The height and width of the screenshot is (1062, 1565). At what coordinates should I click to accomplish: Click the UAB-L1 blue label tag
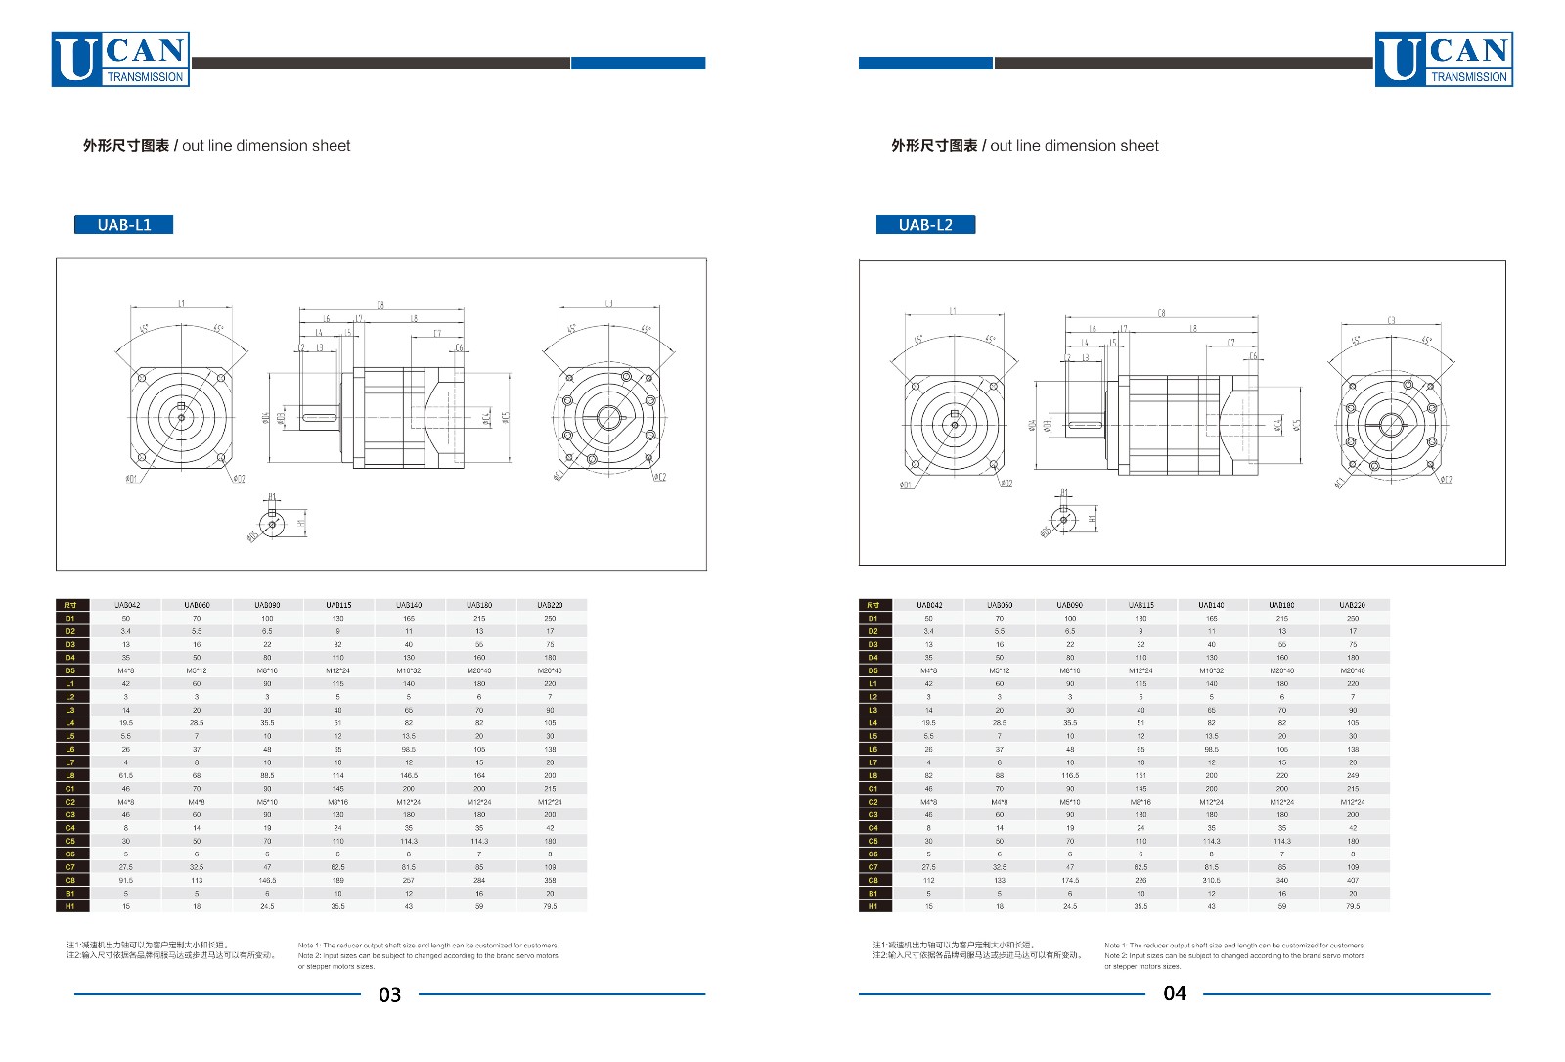[x=123, y=225]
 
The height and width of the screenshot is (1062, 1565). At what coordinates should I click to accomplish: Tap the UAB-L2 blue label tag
[x=925, y=225]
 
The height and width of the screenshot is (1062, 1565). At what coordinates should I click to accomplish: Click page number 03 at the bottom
[x=389, y=994]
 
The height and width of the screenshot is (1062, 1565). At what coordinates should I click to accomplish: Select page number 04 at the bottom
[x=1174, y=993]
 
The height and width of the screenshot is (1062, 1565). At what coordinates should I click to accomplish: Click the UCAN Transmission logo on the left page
[x=120, y=60]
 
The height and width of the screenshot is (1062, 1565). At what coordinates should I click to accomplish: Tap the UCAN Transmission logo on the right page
[x=1444, y=60]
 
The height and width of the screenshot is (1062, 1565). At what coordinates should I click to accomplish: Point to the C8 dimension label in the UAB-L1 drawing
[x=380, y=304]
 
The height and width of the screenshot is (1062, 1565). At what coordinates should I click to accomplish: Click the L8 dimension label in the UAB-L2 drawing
[x=1192, y=329]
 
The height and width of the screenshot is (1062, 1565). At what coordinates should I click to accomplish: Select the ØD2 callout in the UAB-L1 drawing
[x=239, y=479]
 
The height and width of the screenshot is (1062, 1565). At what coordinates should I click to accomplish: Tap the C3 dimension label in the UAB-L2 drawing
[x=1391, y=321]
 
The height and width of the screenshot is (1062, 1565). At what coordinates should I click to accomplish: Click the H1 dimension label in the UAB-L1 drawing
[x=301, y=523]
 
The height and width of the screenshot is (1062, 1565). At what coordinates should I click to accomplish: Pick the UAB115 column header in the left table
[x=338, y=605]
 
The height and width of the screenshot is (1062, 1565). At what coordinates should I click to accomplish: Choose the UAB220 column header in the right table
[x=1353, y=605]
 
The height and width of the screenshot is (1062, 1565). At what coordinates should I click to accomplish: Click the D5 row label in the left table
[x=70, y=670]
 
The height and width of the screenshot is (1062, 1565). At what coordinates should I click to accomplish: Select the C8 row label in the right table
[x=872, y=880]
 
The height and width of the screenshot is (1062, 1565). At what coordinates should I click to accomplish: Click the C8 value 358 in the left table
[x=550, y=880]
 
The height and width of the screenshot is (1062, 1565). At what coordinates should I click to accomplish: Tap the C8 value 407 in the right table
[x=1353, y=880]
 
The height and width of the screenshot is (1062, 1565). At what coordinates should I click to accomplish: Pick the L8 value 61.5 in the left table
[x=126, y=775]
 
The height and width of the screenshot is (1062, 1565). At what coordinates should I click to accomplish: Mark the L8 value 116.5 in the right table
[x=1070, y=775]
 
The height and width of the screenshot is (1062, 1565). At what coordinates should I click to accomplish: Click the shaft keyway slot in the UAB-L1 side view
[x=319, y=418]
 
